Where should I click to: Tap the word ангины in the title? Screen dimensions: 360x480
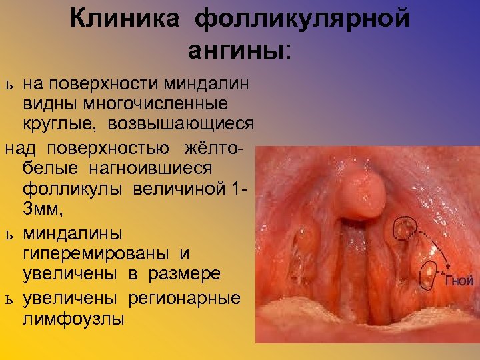(236, 50)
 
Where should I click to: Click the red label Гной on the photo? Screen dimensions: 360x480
(459, 281)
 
